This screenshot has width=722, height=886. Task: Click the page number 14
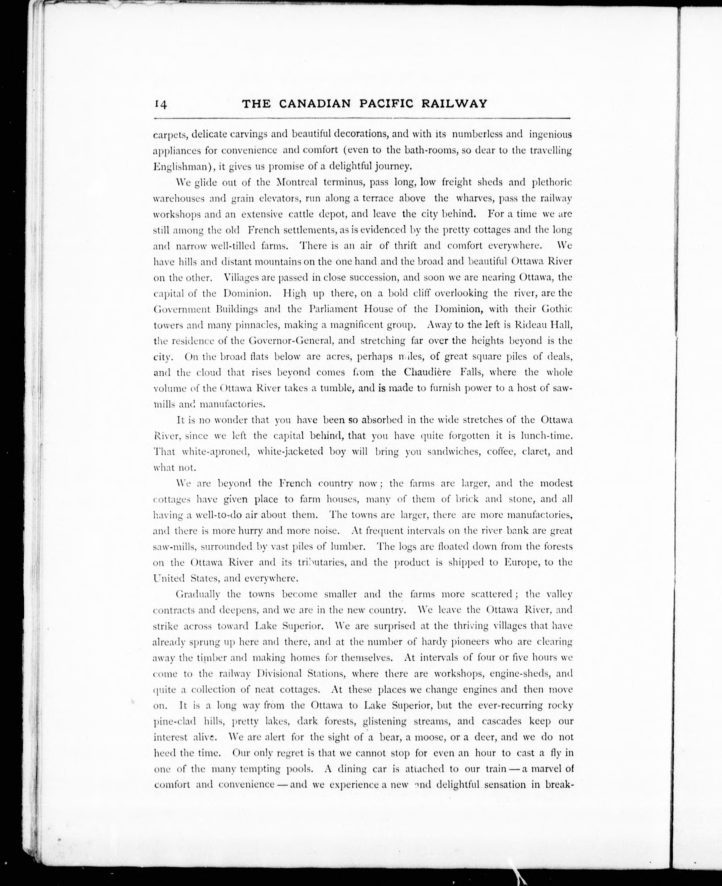point(160,104)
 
